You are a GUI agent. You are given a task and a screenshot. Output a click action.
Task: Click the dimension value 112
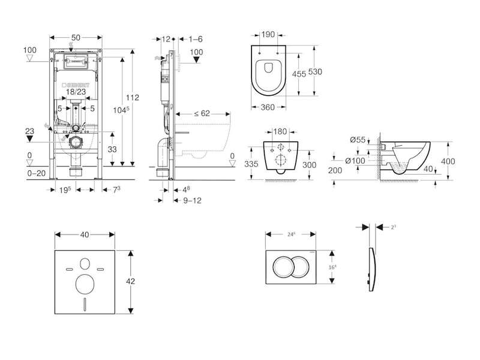[x=133, y=98]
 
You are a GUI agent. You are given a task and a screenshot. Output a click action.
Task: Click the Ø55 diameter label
[x=358, y=140]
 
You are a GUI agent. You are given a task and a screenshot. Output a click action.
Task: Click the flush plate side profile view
[x=372, y=267]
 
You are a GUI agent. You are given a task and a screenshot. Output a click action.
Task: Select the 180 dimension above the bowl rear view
[x=280, y=131]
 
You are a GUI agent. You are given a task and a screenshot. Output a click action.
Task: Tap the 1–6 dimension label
[x=195, y=39]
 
